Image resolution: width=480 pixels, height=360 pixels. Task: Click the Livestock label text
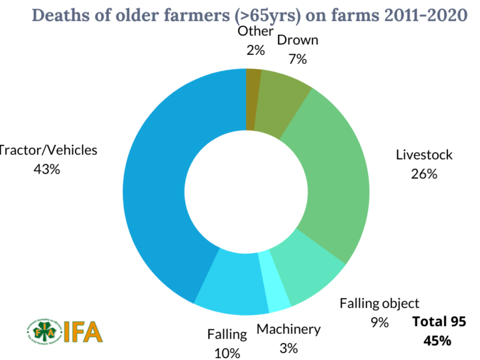coord(424,155)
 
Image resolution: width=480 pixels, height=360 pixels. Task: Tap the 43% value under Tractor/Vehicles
coord(47,169)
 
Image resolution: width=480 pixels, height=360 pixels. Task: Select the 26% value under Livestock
coord(424,174)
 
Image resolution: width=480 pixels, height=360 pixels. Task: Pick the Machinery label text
coord(289,329)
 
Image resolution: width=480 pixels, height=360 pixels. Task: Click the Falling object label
coord(379,304)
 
